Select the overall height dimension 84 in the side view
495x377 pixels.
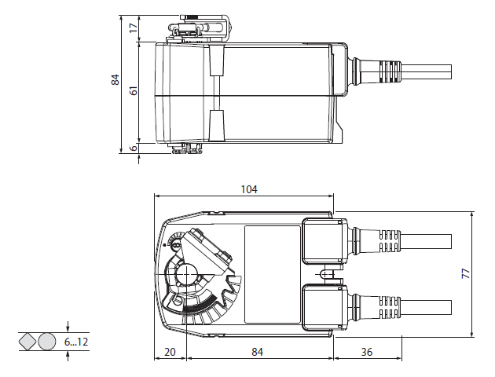click(115, 79)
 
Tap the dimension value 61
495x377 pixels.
click(134, 92)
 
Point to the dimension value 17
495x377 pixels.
click(134, 27)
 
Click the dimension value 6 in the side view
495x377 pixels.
click(134, 148)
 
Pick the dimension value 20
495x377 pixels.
click(170, 352)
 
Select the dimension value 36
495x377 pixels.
click(367, 352)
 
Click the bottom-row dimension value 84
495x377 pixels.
click(258, 352)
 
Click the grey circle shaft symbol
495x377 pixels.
click(47, 342)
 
